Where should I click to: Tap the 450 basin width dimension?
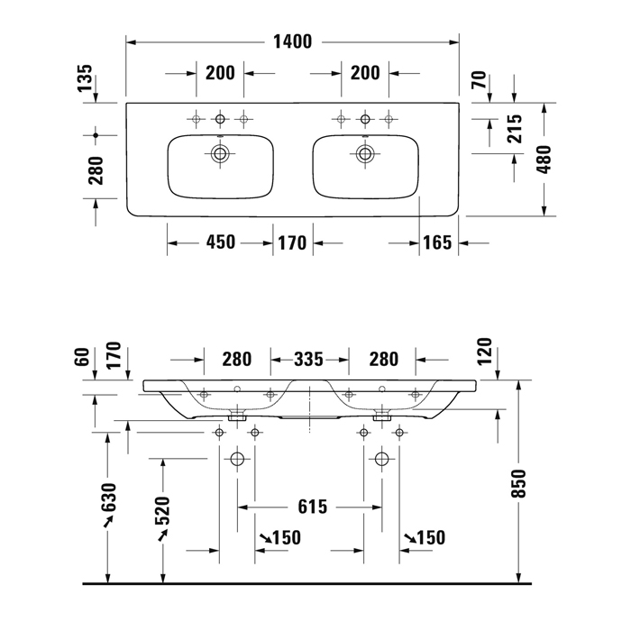[221, 242]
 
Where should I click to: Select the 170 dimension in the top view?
[292, 242]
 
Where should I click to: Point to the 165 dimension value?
[437, 242]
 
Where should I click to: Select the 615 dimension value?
[311, 507]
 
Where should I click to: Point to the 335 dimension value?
[308, 360]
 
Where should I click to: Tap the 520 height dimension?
[163, 514]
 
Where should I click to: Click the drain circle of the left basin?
[220, 153]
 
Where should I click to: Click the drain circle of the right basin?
[365, 153]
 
